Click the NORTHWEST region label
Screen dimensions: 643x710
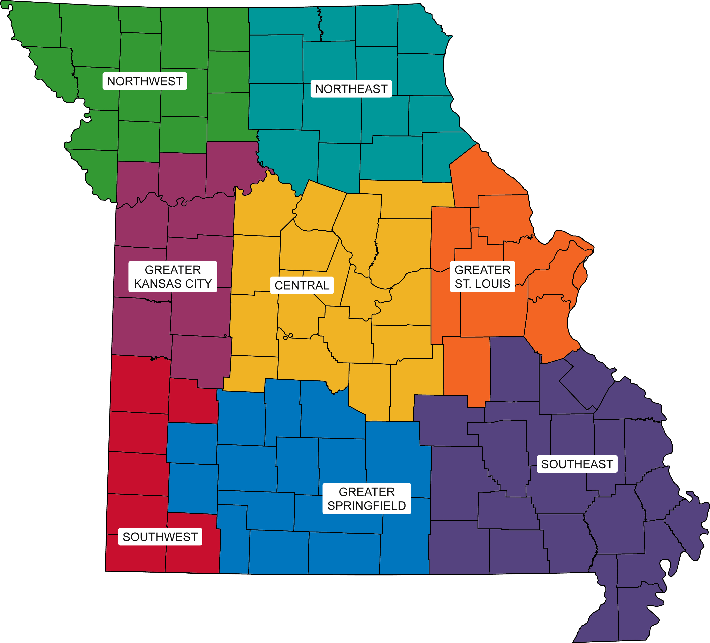(x=145, y=81)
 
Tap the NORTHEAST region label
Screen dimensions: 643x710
(x=351, y=89)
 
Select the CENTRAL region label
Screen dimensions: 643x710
(x=302, y=285)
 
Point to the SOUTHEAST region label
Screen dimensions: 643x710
(x=577, y=464)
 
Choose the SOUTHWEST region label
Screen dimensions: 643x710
(x=160, y=537)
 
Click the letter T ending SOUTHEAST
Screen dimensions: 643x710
(x=610, y=464)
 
